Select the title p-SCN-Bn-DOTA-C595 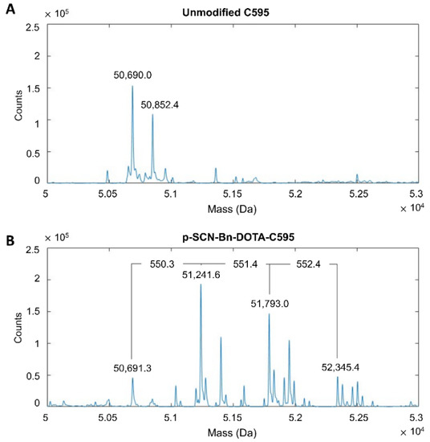coord(230,239)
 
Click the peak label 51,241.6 coord(202,275)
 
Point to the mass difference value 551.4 coord(245,262)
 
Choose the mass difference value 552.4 coord(313,262)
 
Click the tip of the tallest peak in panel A coord(132,86)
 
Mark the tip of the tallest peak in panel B coord(201,284)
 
